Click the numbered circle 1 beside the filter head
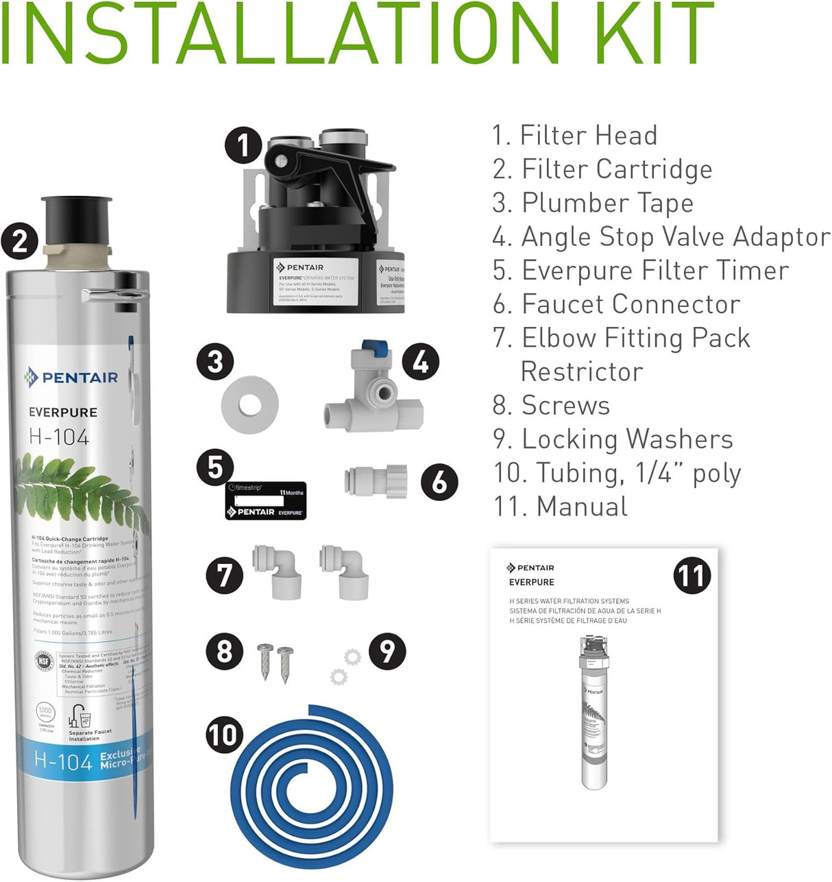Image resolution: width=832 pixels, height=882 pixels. click(243, 145)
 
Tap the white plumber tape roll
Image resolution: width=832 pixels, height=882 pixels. click(249, 404)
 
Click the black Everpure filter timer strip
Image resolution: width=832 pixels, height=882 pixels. click(266, 501)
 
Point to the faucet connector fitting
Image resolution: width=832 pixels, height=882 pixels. click(376, 481)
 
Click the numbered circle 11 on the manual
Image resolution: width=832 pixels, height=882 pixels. click(692, 575)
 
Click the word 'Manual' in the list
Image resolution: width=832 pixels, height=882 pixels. click(582, 506)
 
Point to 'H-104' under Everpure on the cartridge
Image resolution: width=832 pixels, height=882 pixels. click(59, 437)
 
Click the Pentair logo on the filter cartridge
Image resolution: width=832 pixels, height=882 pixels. click(71, 377)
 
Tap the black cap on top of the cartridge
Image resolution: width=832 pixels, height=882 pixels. click(76, 219)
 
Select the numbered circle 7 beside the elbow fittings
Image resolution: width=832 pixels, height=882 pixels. click(225, 574)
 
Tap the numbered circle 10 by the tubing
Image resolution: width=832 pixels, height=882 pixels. click(224, 735)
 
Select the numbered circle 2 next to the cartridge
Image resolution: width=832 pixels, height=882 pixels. click(19, 241)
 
